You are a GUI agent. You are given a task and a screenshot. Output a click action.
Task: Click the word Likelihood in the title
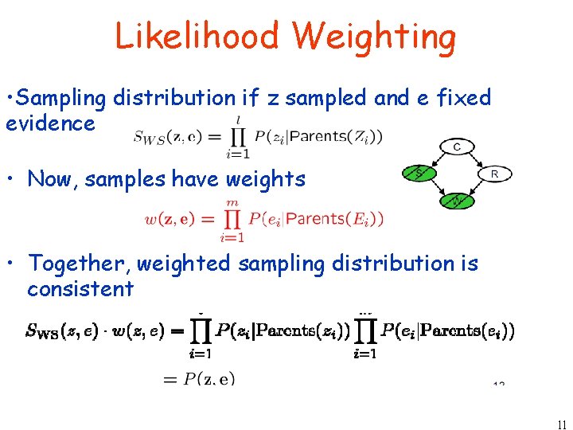[x=197, y=37]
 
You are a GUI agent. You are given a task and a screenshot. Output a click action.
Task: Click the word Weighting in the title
[x=374, y=37]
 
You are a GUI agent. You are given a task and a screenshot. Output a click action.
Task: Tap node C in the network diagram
[x=457, y=147]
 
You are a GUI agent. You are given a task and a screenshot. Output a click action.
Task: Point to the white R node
[x=494, y=173]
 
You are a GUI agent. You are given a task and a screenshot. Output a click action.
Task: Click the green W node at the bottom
[x=457, y=200]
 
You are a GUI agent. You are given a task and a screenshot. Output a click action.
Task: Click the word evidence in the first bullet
[x=50, y=123]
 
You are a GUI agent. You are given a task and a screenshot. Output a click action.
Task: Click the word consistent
[x=80, y=288]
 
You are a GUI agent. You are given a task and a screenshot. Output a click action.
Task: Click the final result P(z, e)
[x=209, y=380]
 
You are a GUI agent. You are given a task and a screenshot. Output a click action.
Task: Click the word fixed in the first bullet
[x=462, y=98]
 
